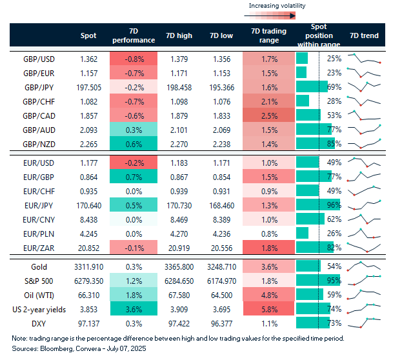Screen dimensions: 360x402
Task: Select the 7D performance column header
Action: [134, 35]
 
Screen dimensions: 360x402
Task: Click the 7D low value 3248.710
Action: [222, 266]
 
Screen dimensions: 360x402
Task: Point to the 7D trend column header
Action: [363, 35]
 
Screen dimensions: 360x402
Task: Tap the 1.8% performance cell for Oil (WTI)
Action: [134, 295]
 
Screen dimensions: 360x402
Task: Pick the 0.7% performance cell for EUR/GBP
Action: [134, 176]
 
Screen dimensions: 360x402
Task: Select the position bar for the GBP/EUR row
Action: [301, 73]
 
